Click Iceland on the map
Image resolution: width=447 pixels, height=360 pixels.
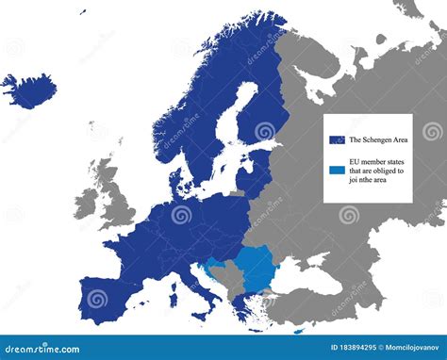28,90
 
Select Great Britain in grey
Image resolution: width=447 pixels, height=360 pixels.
114,203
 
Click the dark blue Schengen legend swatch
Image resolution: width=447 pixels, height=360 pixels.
337,139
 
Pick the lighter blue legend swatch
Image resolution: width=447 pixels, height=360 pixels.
337,171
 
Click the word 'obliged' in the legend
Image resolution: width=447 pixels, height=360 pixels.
389,171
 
